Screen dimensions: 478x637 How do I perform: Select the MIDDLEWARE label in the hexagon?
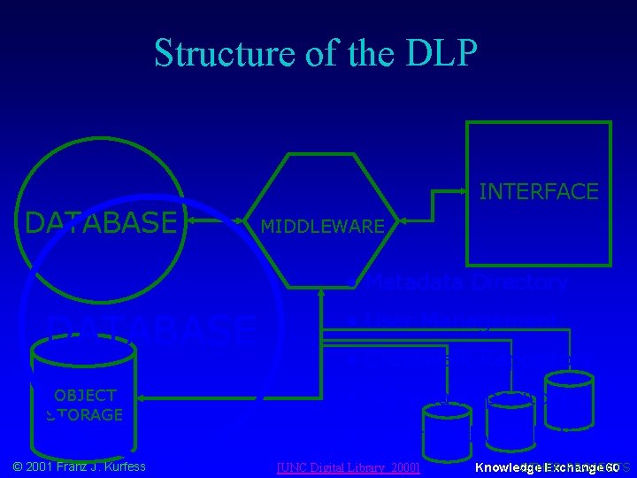322,227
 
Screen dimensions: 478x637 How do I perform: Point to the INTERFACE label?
538,191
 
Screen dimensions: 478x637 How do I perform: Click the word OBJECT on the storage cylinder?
85,396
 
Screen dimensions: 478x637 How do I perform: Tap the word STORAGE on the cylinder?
85,414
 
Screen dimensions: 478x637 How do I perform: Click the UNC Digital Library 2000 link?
348,466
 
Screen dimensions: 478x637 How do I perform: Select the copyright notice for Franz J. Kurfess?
80,466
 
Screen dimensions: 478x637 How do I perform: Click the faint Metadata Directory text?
466,282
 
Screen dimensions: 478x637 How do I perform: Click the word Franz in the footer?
68,466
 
